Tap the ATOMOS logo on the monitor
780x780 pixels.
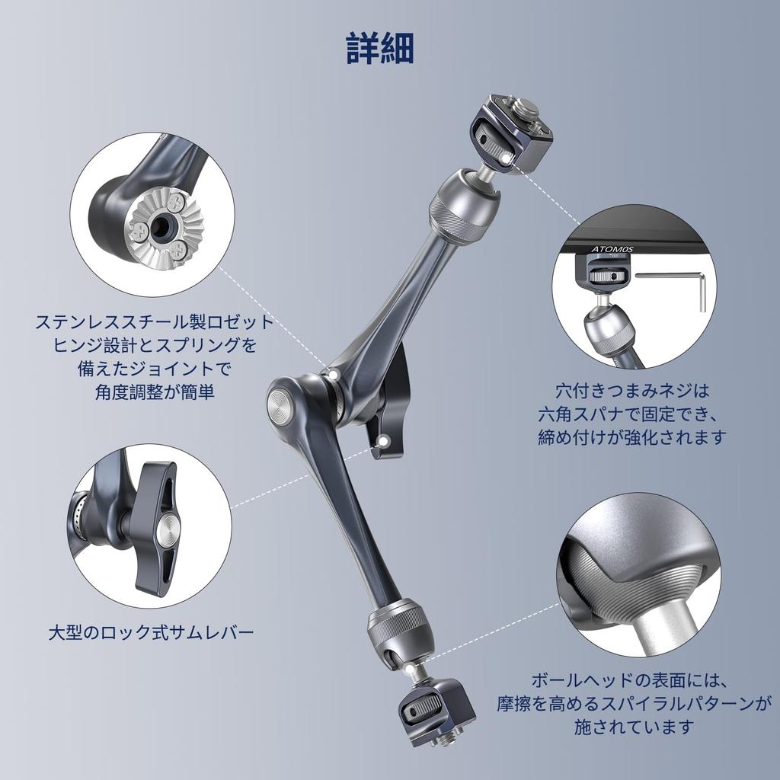(612, 249)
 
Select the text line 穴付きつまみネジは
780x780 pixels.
(631, 391)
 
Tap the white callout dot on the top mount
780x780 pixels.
(506, 155)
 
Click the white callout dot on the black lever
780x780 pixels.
(385, 440)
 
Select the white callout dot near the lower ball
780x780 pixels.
(412, 667)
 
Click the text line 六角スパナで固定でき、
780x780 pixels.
(631, 414)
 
